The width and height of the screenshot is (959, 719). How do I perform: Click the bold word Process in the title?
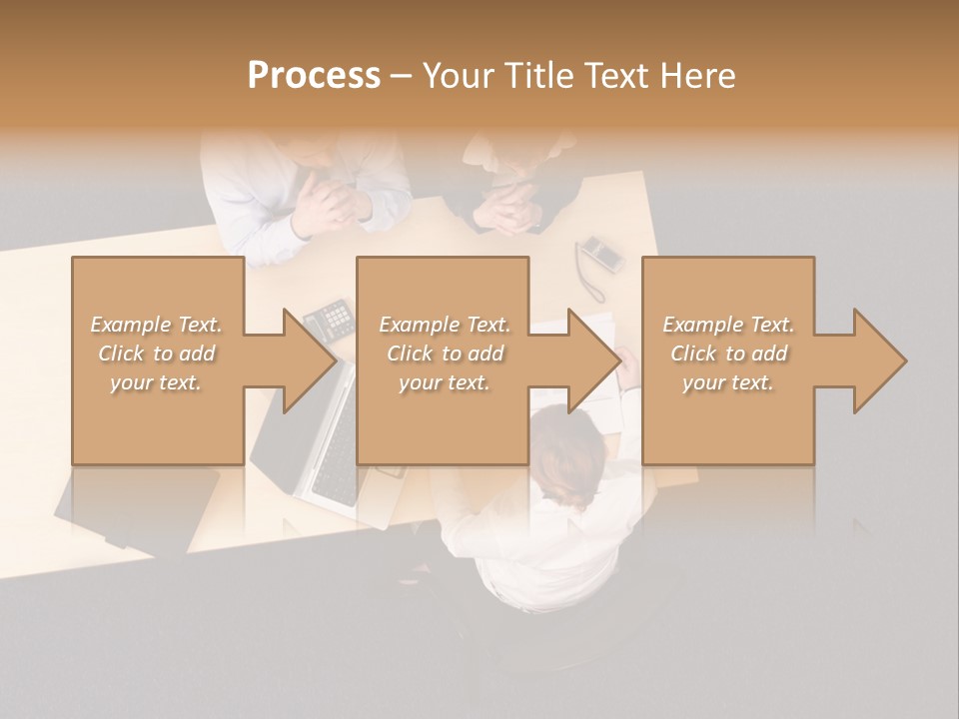(x=314, y=75)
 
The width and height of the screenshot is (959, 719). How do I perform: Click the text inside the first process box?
(x=157, y=354)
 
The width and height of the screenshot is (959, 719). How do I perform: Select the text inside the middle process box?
(x=444, y=354)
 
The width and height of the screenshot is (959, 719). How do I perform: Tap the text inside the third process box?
(x=728, y=354)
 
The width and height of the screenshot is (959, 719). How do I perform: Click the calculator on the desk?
(x=329, y=319)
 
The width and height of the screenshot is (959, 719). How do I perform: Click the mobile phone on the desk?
(x=601, y=254)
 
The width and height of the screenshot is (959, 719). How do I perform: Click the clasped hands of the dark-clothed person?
(x=510, y=205)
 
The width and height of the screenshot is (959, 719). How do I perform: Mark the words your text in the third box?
(x=728, y=382)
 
